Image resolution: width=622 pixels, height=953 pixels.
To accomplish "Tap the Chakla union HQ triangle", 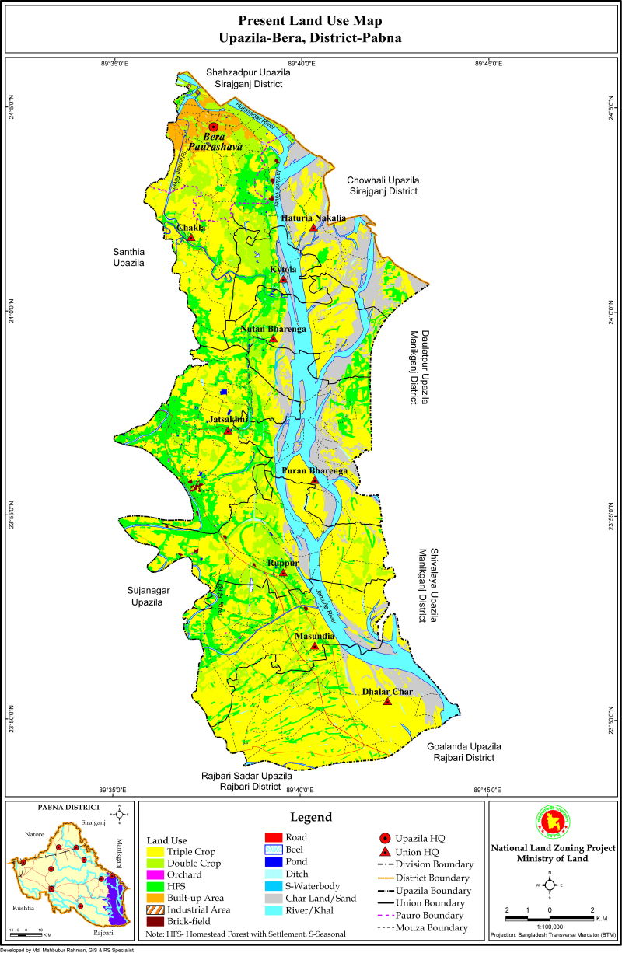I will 190,236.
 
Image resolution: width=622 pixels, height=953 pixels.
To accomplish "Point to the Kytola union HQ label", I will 283,269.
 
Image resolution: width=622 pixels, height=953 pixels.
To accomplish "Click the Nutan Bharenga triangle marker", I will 274,339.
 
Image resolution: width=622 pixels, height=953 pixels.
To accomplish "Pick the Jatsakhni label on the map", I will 228,420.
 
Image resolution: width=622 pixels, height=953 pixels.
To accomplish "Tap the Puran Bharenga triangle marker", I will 314,480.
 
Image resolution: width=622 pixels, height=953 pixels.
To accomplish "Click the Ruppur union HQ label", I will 283,562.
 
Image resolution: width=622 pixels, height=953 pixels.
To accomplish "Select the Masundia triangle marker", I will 314,646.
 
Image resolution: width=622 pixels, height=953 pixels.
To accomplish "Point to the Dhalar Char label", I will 386,691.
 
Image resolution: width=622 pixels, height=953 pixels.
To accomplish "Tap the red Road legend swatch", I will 274,837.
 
